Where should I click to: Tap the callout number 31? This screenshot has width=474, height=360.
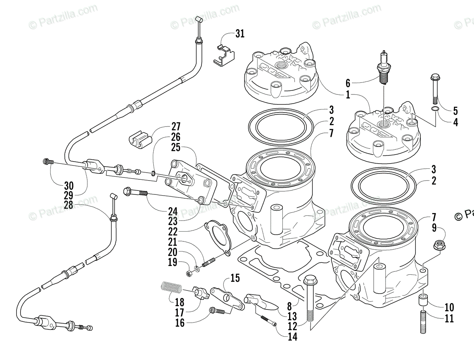click(x=240, y=34)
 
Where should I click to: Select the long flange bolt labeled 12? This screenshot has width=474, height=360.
click(x=310, y=300)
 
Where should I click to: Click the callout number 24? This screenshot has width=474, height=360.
click(x=172, y=211)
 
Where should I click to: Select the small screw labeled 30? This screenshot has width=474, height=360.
click(x=47, y=161)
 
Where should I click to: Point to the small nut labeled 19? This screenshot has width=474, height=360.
click(x=189, y=273)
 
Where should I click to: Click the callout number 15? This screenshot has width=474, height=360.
click(x=235, y=278)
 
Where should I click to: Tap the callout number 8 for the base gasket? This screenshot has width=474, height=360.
click(x=290, y=305)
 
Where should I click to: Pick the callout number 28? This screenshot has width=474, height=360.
click(x=70, y=205)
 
